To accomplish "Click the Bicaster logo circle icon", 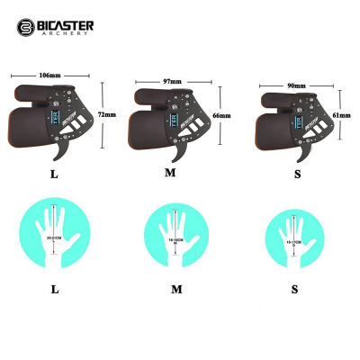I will tap(25, 27).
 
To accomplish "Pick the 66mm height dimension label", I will tap(224, 116).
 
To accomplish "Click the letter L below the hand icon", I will tap(55, 290).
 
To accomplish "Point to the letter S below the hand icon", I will tap(294, 290).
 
